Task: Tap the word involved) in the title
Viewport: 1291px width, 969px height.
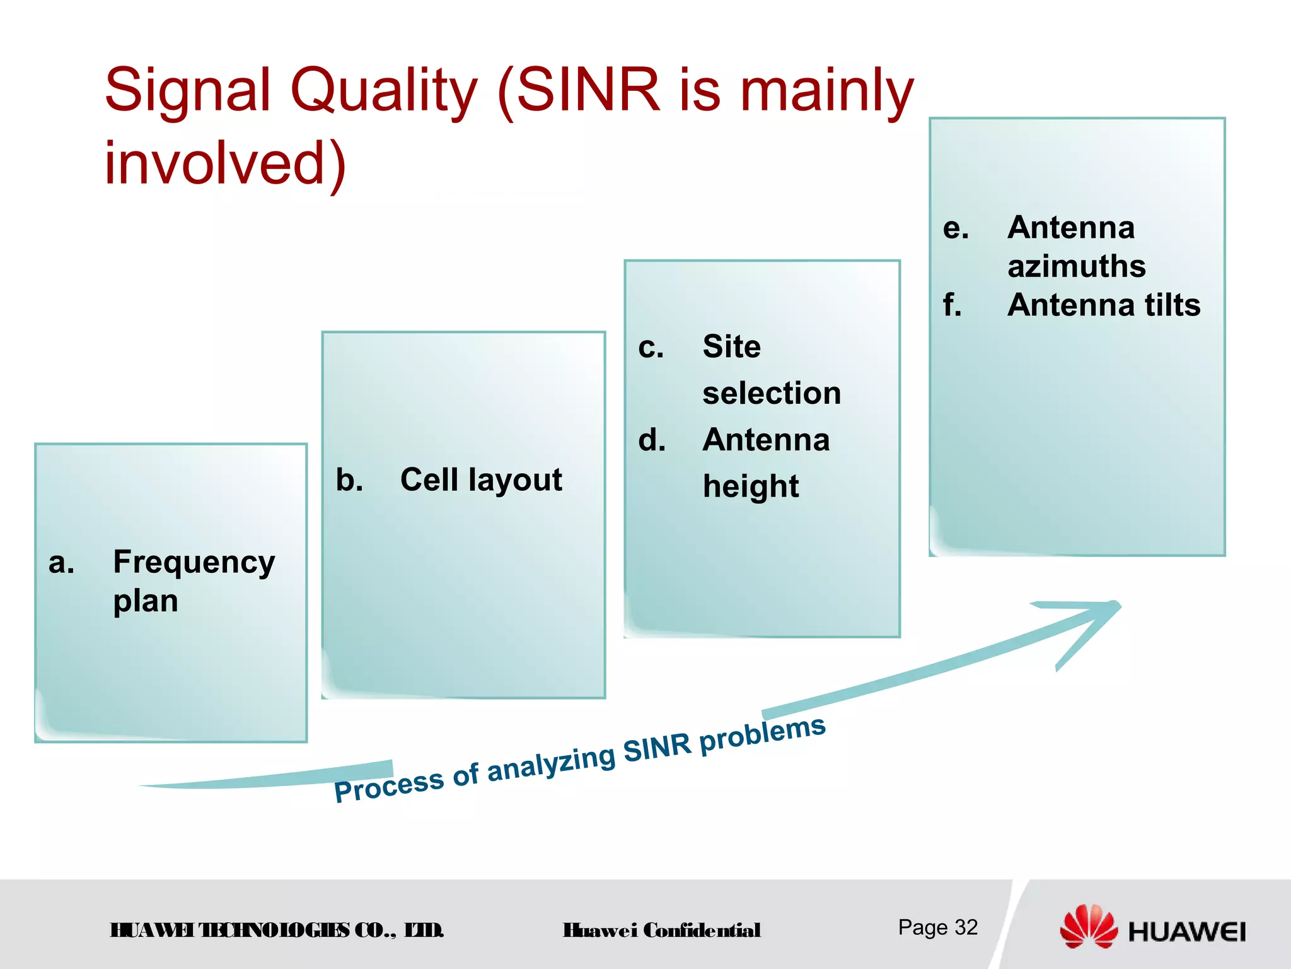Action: pyautogui.click(x=225, y=163)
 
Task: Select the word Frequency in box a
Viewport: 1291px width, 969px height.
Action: pyautogui.click(x=194, y=561)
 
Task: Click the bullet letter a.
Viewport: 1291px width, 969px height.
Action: pyautogui.click(x=61, y=563)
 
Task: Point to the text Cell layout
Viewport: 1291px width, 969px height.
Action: pyautogui.click(x=480, y=479)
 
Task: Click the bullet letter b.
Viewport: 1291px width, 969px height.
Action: pyautogui.click(x=349, y=479)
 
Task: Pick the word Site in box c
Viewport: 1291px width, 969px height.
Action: pyautogui.click(x=731, y=346)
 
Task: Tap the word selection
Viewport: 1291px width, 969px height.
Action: pyautogui.click(x=772, y=393)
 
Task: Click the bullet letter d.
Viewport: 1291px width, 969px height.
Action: pyautogui.click(x=652, y=440)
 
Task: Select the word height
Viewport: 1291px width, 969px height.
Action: pyautogui.click(x=750, y=486)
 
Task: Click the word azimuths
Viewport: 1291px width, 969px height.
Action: pyautogui.click(x=1076, y=266)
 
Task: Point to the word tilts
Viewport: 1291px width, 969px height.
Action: pyautogui.click(x=1172, y=305)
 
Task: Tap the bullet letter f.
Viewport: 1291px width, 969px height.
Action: pyautogui.click(x=952, y=305)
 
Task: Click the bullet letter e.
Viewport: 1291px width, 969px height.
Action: pyautogui.click(x=955, y=228)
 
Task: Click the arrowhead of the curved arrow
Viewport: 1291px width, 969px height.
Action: pyautogui.click(x=1097, y=621)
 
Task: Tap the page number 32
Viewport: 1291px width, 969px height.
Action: pyautogui.click(x=966, y=927)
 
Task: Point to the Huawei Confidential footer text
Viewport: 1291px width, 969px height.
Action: pyautogui.click(x=661, y=930)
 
